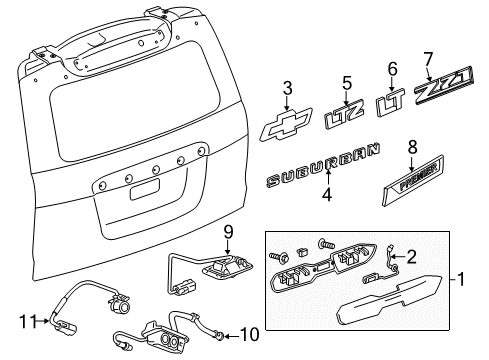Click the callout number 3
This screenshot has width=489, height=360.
pos(286,87)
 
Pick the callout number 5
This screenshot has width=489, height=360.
pos(347,84)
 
